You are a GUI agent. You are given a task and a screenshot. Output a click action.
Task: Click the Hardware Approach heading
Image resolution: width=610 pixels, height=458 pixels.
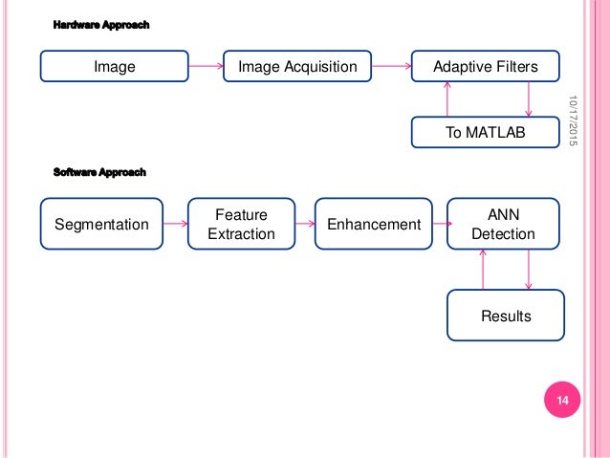[x=101, y=25]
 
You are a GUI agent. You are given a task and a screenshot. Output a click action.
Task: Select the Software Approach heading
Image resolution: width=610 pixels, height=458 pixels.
[x=99, y=172]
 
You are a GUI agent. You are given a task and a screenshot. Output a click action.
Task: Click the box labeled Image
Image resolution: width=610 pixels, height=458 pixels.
[x=115, y=66]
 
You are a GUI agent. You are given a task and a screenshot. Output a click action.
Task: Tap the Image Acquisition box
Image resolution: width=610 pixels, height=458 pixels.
[x=297, y=66]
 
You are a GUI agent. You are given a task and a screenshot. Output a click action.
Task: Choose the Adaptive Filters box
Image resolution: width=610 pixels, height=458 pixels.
[x=486, y=66]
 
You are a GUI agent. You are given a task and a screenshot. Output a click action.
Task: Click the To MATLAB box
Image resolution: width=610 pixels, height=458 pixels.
[x=486, y=132]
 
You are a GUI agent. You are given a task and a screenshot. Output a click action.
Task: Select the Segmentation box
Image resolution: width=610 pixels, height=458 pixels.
[x=101, y=224]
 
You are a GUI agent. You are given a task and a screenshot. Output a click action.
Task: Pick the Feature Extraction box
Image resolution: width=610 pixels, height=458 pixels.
[x=241, y=224]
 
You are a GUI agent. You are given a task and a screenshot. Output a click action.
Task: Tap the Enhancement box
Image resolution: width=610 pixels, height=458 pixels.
[x=374, y=224]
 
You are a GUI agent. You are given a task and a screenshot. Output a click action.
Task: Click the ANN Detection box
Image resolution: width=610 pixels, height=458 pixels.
[x=504, y=224]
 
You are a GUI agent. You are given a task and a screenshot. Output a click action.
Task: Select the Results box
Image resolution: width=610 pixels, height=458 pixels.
[x=506, y=316]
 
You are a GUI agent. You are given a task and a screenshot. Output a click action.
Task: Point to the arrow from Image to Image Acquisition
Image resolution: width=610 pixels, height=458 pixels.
[x=206, y=66]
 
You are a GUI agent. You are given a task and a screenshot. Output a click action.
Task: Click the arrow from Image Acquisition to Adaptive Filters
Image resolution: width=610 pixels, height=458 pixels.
[x=391, y=66]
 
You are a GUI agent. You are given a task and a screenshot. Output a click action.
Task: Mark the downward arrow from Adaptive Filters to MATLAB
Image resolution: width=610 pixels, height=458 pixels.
[x=529, y=99]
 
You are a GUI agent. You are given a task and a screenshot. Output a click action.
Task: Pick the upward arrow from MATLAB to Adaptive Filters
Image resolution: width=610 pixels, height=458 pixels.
[x=447, y=99]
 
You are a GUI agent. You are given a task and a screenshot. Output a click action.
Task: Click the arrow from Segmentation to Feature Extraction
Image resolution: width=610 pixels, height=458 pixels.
[x=176, y=224]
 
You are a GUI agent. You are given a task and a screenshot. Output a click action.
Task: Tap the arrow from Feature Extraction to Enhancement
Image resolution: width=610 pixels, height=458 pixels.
[x=305, y=224]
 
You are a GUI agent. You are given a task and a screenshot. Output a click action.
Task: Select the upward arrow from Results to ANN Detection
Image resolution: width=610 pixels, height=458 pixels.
[x=483, y=270]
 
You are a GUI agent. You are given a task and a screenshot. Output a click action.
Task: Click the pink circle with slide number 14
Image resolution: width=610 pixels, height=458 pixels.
[x=562, y=400]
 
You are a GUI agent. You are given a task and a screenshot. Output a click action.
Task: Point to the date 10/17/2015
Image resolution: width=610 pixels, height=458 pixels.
[x=573, y=120]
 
